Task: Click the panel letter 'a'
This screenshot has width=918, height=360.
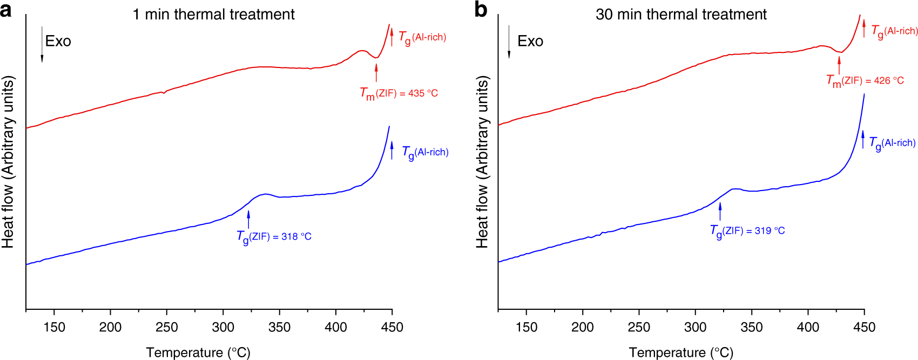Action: (6, 10)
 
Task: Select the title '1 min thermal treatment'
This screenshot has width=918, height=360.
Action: (213, 14)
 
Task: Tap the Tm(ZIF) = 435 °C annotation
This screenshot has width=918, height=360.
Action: (399, 94)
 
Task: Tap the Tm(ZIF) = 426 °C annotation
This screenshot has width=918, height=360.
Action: (865, 81)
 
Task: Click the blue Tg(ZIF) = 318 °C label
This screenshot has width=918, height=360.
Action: (274, 237)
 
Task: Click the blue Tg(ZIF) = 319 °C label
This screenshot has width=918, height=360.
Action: (747, 231)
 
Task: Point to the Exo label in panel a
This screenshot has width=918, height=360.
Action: (58, 42)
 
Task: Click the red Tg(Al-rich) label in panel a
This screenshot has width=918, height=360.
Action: (422, 38)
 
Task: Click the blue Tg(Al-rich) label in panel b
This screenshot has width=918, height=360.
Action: (892, 144)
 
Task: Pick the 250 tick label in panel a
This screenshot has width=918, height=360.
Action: (166, 327)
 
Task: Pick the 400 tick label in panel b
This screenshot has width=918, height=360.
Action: (808, 327)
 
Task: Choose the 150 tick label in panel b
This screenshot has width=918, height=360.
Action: (526, 327)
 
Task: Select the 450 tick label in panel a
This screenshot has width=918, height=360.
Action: (391, 327)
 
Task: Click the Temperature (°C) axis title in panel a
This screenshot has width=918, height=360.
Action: (198, 352)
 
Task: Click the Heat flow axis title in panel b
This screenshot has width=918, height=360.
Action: (482, 162)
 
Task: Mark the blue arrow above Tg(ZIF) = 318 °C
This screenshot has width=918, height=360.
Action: (248, 219)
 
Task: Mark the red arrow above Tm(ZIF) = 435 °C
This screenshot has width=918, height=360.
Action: (376, 72)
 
